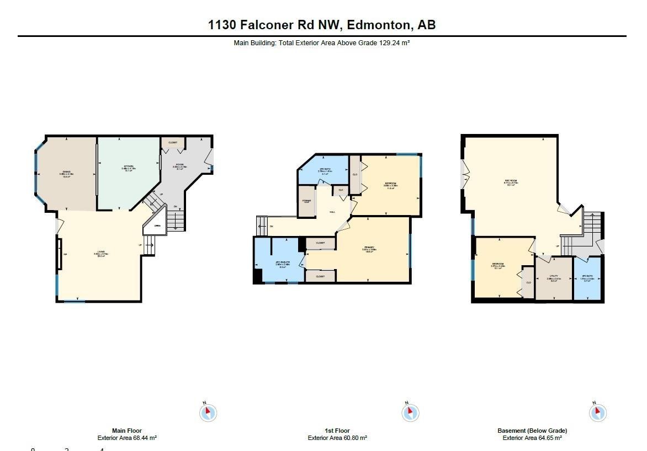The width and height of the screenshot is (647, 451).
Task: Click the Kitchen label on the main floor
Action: pos(128,168)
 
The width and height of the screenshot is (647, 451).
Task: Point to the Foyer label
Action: pos(180,166)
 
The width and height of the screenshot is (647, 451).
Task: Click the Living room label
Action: pos(101,254)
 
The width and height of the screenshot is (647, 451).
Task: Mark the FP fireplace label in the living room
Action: pos(65,254)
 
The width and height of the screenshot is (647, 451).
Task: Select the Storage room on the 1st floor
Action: pos(306,201)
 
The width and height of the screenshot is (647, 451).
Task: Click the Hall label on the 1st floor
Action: pos(332,212)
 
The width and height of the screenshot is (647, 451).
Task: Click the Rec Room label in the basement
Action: pos(511,182)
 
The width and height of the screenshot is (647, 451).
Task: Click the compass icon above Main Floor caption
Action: pos(208,412)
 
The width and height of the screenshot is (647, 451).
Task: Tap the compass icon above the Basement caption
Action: pos(597,412)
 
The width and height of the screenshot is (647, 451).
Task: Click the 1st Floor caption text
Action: pos(337,431)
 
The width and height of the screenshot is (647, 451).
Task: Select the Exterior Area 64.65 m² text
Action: pos(532,438)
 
